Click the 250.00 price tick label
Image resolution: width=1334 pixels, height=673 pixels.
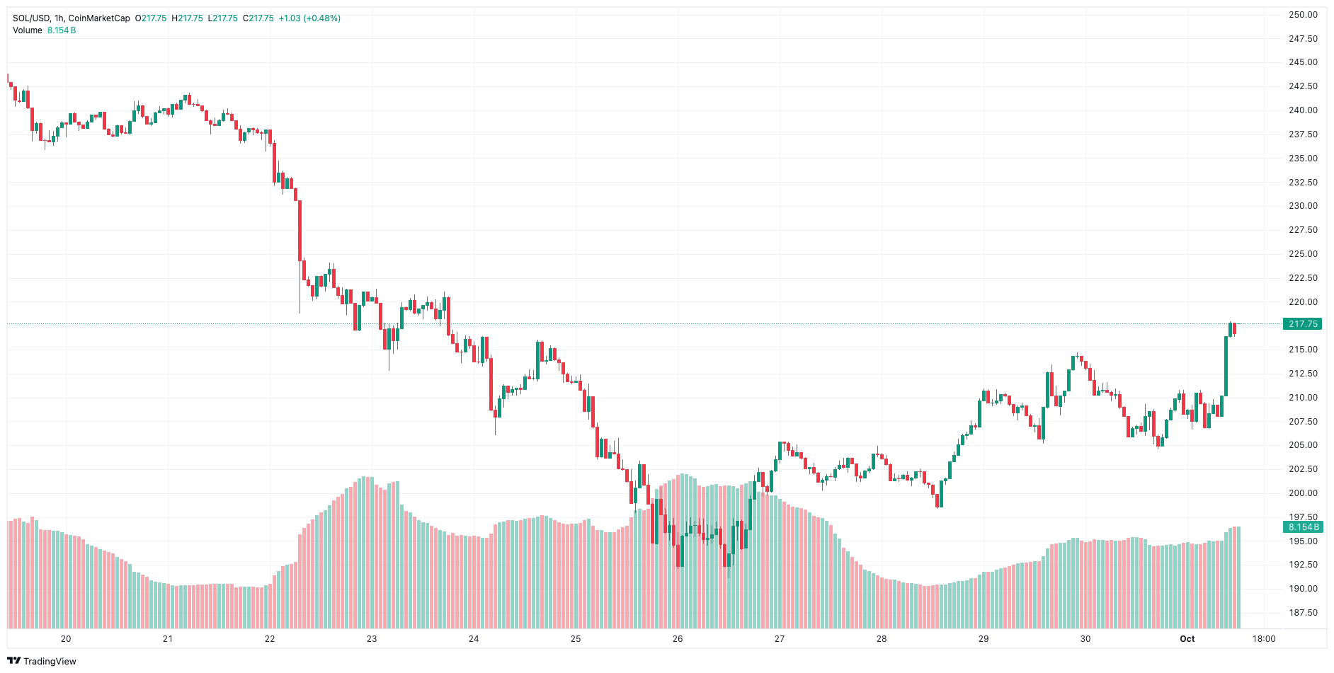[x=1303, y=14]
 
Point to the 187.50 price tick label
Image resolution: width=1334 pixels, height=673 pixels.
[x=1303, y=613]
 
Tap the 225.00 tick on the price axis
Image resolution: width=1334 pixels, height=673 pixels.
[x=1303, y=254]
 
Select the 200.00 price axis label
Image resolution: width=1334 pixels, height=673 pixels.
[x=1303, y=493]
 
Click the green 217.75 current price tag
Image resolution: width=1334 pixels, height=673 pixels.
[x=1302, y=324]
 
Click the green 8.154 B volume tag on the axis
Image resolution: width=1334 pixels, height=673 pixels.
[x=1302, y=527]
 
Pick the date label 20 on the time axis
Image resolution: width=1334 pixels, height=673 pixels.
[x=66, y=639]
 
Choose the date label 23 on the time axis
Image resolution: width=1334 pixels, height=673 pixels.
[x=372, y=639]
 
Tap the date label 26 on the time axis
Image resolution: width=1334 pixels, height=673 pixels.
[x=678, y=639]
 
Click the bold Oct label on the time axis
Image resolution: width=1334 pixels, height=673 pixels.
[x=1187, y=639]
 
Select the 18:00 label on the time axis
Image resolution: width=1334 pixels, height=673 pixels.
[x=1263, y=639]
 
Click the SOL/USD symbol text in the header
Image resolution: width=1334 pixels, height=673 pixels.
[x=31, y=18]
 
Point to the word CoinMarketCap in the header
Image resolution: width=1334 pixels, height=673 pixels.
[x=99, y=18]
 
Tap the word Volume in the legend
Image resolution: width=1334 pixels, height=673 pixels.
[x=28, y=30]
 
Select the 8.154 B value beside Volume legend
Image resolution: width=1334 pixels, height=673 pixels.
[x=62, y=30]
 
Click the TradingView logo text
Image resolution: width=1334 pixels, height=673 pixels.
[x=50, y=661]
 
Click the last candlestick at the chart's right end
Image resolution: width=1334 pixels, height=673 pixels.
[x=1235, y=328]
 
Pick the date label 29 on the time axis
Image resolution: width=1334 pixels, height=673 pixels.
[x=984, y=639]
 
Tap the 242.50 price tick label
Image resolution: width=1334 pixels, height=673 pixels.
[x=1303, y=86]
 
